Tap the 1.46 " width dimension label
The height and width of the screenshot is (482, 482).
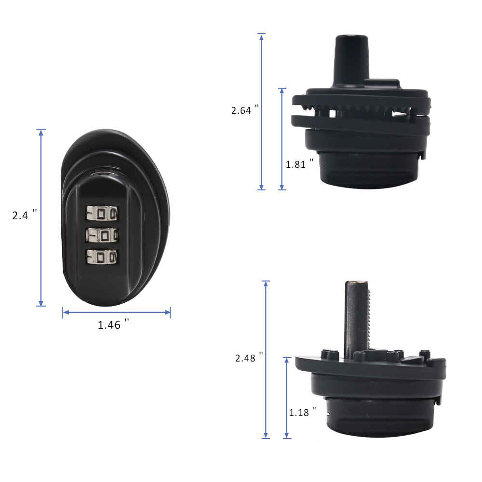(x=113, y=324)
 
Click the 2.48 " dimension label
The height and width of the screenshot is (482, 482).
(x=249, y=358)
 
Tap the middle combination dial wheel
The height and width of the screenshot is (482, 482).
(x=102, y=235)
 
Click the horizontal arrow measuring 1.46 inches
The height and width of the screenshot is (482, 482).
(x=116, y=313)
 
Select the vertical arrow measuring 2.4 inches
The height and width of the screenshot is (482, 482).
(x=41, y=217)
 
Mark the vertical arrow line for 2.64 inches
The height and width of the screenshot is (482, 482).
(x=262, y=111)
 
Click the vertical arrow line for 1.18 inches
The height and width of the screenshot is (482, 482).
(x=287, y=398)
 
